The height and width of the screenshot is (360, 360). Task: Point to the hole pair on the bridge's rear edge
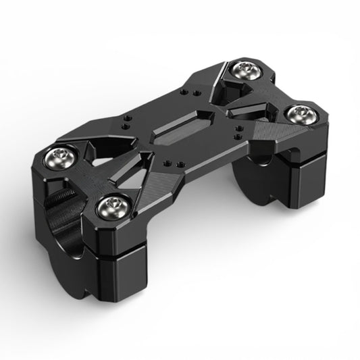pos(194,93)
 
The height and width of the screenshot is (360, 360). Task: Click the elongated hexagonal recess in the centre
pos(183,126)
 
